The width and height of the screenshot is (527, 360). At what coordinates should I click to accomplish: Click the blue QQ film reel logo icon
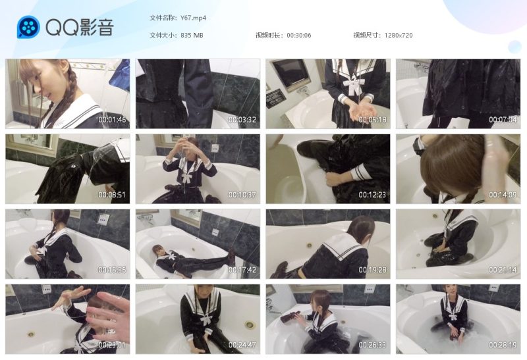tap(28, 27)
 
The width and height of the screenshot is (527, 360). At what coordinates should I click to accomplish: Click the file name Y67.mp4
tap(193, 18)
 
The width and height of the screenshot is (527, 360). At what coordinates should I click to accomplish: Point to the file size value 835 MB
tap(192, 35)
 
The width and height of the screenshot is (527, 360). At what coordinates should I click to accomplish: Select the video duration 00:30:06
tap(299, 35)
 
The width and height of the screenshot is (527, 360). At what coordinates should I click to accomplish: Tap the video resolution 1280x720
tap(399, 35)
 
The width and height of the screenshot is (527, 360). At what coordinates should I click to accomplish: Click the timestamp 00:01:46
tap(112, 120)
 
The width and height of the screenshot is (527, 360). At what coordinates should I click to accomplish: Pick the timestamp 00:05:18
tap(372, 120)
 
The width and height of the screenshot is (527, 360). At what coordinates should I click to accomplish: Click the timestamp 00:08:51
tap(112, 195)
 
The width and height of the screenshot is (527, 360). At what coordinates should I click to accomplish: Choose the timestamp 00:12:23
tap(372, 195)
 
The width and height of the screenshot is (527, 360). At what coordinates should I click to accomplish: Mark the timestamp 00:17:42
tap(242, 270)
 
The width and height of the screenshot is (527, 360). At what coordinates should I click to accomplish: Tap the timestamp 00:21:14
tap(503, 270)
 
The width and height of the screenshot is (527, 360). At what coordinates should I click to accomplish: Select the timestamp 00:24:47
tap(242, 345)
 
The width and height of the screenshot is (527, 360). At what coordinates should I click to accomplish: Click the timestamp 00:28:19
tap(503, 345)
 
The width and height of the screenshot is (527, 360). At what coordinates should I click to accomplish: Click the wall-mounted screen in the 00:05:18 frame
tap(289, 74)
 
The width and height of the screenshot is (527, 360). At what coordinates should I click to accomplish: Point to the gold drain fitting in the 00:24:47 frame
tap(250, 325)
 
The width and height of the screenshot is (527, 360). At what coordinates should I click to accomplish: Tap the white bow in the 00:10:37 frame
tap(186, 176)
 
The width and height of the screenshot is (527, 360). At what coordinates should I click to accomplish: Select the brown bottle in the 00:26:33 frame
tap(291, 317)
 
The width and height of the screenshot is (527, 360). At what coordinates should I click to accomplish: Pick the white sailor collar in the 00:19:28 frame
tap(339, 244)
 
